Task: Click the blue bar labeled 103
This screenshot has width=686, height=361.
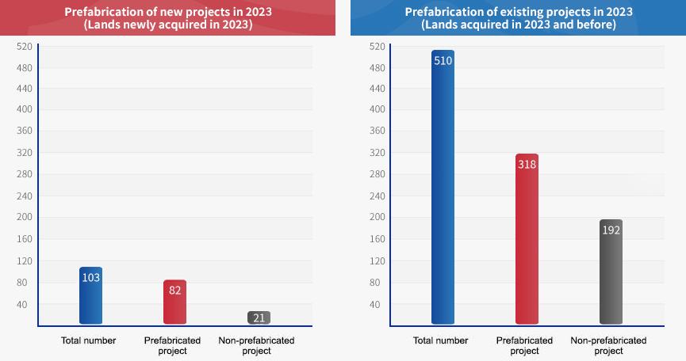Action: tap(90, 296)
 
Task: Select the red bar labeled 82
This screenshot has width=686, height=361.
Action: tap(174, 302)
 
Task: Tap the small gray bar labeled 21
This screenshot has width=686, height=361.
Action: tap(259, 317)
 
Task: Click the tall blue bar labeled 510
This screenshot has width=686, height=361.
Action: tap(443, 190)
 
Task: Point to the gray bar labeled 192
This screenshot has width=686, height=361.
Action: tap(611, 272)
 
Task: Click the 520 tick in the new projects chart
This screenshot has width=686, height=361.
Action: tap(24, 47)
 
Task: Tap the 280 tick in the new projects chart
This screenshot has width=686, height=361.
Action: tap(24, 174)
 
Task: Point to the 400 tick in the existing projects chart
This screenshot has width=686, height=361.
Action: tap(376, 109)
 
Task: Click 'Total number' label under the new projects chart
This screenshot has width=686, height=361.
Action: tap(89, 340)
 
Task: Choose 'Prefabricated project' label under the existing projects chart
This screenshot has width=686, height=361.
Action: tap(524, 345)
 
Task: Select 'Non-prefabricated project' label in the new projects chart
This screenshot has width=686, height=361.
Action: tap(256, 345)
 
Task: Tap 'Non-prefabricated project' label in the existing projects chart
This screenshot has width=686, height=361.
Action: tap(608, 345)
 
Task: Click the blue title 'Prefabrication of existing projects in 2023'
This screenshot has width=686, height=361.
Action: tap(519, 12)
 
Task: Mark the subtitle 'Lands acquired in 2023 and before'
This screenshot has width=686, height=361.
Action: tap(519, 25)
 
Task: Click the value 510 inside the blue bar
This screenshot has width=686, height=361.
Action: tap(443, 61)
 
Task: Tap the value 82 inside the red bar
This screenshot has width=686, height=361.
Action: tap(175, 290)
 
